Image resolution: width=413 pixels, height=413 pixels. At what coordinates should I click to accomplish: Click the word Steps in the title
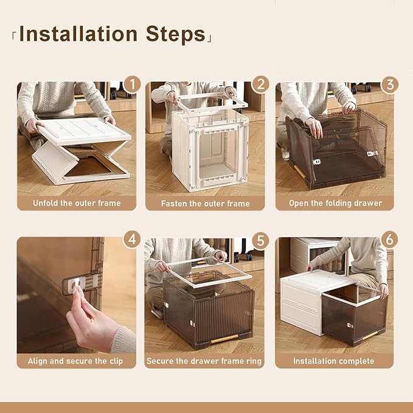pos(175,34)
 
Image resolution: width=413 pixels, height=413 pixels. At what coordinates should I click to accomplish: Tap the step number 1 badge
pos(131,84)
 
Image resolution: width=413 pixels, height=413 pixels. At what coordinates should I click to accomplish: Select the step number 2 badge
pos(260,84)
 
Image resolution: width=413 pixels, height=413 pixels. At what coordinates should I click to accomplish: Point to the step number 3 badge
pos(389,84)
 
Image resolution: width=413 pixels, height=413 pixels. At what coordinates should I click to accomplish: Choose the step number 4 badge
pos(131,240)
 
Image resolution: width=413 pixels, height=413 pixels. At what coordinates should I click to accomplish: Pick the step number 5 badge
pos(260,240)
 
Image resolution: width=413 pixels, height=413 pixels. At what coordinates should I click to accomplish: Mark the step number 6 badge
pos(389,240)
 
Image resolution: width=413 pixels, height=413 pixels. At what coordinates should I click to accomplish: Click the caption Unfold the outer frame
pos(77,203)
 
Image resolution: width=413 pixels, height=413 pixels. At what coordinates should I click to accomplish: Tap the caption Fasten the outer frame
pos(206,203)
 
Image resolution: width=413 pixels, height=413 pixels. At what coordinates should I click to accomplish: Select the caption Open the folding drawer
pos(335,203)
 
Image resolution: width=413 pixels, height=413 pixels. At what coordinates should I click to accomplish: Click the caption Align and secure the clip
pos(75,361)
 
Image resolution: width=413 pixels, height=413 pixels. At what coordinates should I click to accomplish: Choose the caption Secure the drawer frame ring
pos(204,361)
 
